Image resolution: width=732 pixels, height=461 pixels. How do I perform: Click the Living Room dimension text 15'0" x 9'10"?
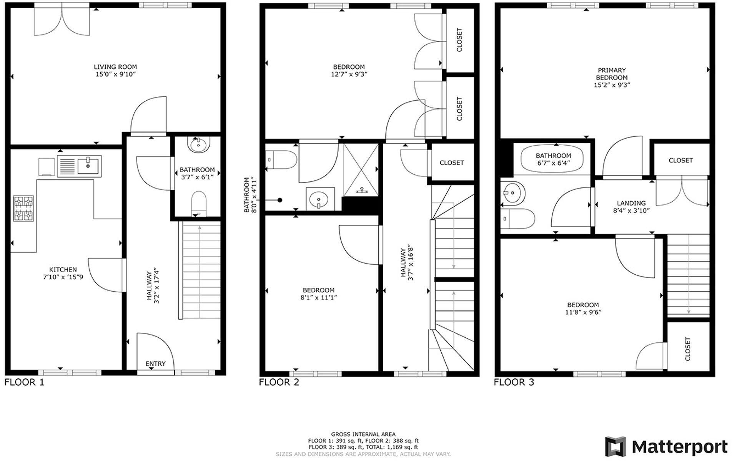115,74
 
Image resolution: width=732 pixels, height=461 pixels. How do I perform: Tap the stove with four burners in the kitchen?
23,209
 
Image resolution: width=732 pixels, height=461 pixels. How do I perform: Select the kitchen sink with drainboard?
79,166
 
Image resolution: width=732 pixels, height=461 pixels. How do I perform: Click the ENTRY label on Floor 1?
155,363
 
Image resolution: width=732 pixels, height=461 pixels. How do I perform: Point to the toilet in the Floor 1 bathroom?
198,204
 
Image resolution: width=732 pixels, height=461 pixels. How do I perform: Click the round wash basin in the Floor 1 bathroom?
198,145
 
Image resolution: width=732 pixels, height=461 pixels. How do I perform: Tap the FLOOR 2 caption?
279,382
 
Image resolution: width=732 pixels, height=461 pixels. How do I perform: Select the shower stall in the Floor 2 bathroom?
360,169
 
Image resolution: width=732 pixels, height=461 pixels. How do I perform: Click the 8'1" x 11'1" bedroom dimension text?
318,297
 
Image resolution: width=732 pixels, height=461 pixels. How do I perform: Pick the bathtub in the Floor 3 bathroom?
551,159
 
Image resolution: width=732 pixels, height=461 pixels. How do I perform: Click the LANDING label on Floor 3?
631,203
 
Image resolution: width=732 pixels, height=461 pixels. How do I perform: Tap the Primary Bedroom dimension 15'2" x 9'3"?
612,85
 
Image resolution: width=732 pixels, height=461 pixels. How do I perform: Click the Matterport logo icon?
616,447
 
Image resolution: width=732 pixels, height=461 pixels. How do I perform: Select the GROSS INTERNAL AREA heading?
363,434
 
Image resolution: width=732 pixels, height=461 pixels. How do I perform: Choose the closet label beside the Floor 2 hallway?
451,163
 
